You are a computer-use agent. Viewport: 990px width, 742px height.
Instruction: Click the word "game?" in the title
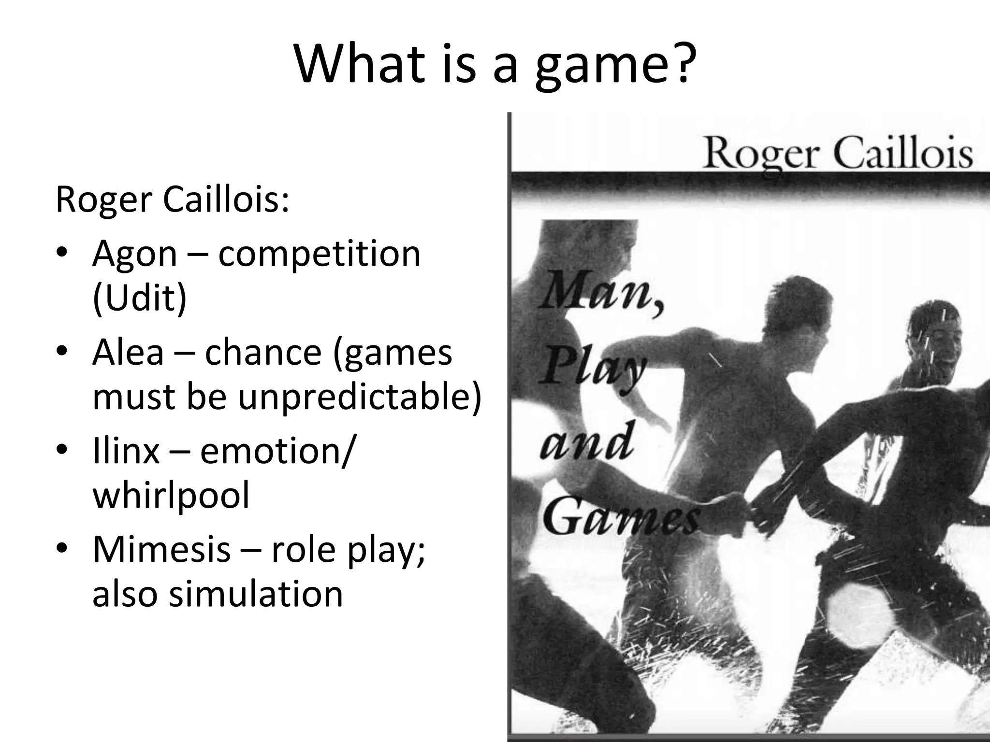pos(612,65)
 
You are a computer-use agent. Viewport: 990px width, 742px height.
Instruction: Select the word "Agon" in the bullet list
pos(134,255)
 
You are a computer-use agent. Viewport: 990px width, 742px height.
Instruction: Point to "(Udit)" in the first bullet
pos(139,298)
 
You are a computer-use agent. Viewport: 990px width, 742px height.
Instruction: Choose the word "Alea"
pos(128,352)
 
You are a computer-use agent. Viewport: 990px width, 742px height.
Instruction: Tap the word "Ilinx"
pos(125,451)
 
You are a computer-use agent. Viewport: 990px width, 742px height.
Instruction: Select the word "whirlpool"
pos(171,495)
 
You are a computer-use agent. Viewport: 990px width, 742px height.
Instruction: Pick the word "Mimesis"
pos(161,549)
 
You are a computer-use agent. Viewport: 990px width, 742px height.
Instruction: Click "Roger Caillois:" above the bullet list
pos(172,200)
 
